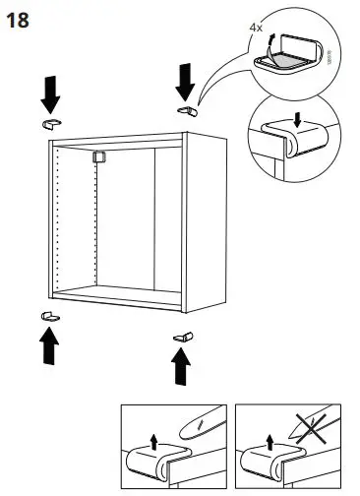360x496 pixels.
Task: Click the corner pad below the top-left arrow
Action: point(52,122)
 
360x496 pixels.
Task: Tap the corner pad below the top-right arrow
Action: point(184,109)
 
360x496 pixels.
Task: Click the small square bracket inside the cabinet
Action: point(97,155)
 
